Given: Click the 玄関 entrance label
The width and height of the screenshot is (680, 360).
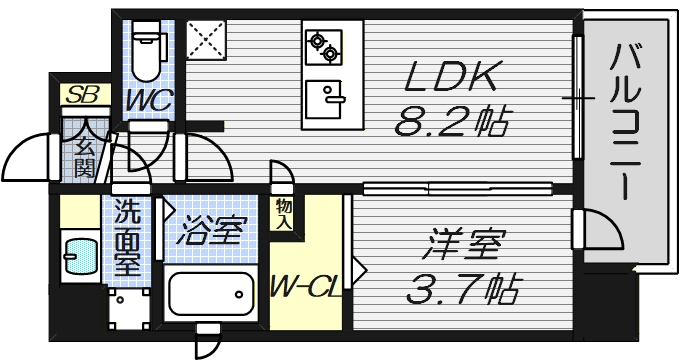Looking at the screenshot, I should [x=83, y=156].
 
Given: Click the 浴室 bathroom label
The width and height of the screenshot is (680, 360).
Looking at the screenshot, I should [x=210, y=232].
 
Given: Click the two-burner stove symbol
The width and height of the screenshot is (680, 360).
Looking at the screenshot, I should [x=322, y=45].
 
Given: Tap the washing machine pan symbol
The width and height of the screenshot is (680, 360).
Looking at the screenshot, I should [x=127, y=311].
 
